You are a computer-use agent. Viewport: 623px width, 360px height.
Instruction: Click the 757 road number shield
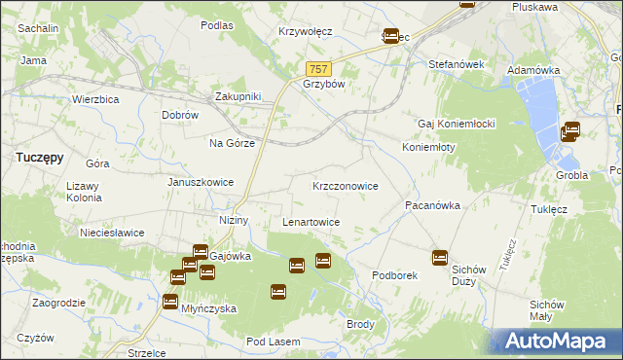click(319, 69)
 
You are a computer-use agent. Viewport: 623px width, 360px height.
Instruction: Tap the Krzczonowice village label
click(346, 185)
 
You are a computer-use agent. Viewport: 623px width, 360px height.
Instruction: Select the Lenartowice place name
click(311, 222)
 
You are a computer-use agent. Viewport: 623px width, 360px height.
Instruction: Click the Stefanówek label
click(457, 64)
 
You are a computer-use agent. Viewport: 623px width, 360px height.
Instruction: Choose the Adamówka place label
click(534, 71)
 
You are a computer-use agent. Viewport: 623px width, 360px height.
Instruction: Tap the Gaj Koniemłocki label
click(458, 125)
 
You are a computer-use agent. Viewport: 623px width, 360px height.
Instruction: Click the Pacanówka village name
click(432, 206)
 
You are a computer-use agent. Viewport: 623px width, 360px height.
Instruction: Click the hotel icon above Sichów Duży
click(440, 258)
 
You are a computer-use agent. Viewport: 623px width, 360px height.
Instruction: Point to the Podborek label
click(394, 275)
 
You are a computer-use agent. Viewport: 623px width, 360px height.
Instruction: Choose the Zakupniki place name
click(238, 96)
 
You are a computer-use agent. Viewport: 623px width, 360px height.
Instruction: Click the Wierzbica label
click(95, 99)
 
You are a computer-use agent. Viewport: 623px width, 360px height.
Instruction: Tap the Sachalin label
click(37, 29)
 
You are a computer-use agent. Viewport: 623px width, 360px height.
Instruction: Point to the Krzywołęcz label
click(305, 31)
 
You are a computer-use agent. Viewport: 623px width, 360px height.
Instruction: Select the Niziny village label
click(235, 220)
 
